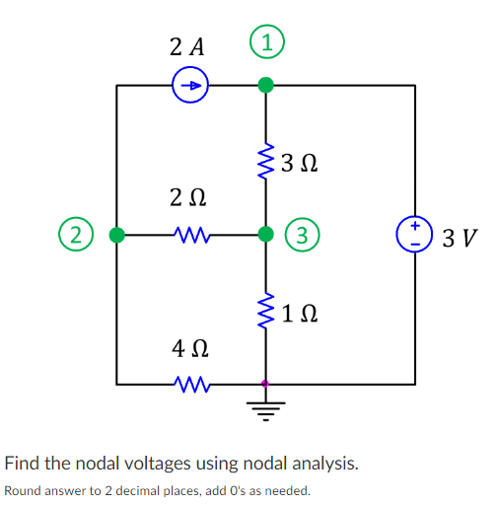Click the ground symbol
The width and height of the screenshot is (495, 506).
264,402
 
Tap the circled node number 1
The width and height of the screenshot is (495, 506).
264,44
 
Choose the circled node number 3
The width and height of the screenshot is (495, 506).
302,235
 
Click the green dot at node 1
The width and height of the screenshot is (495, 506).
264,86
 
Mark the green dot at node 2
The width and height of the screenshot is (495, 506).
117,235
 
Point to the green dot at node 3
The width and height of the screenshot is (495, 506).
264,235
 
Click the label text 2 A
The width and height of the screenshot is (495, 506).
187,45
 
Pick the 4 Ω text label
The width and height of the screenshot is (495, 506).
189,349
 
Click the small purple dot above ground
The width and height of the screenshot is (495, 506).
264,384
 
